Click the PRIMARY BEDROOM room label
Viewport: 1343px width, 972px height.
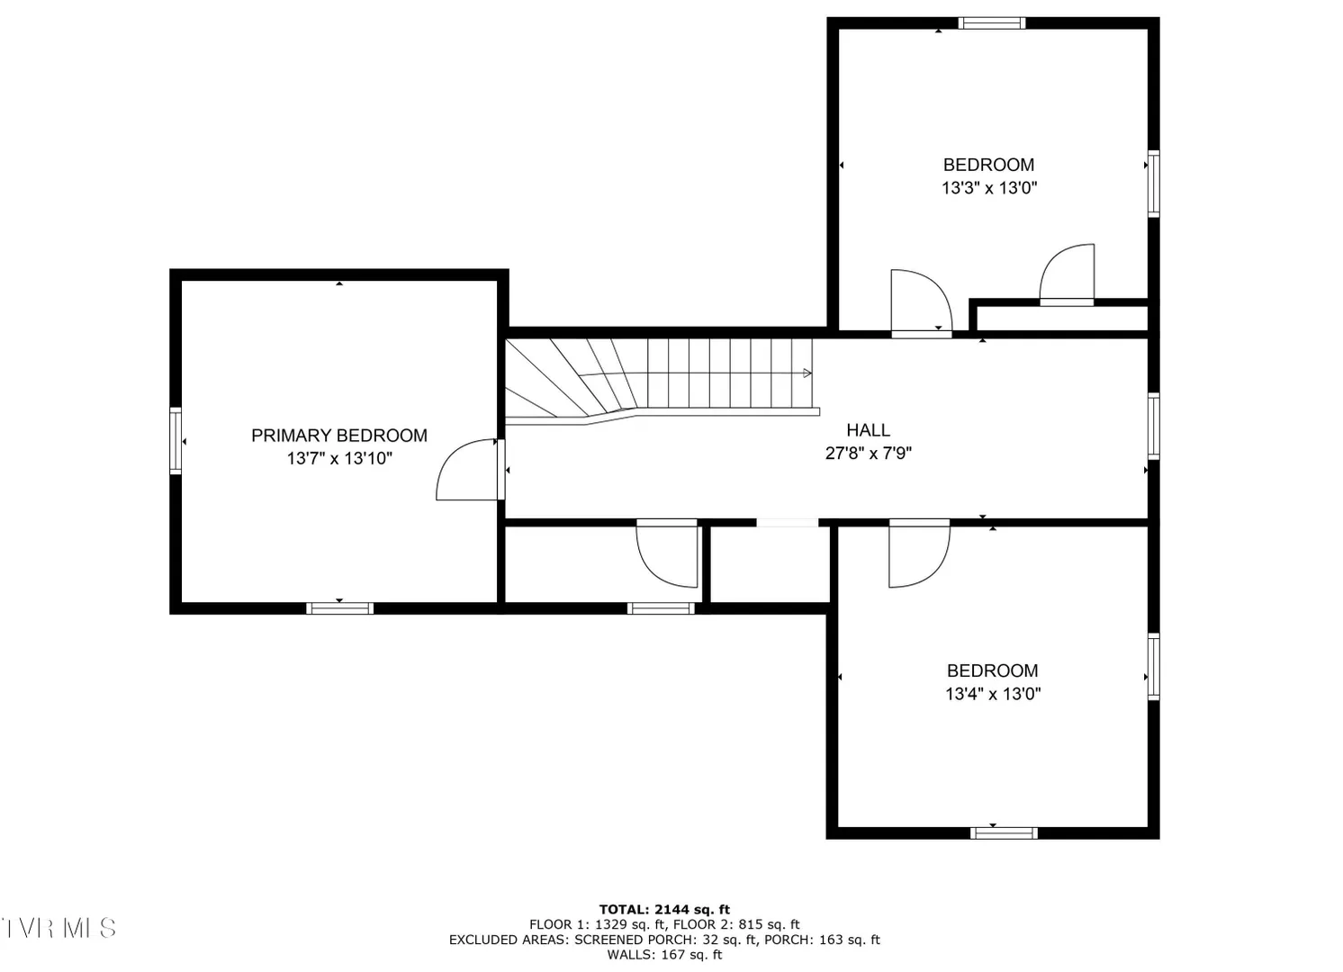[x=338, y=436]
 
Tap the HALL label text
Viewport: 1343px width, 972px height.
[x=868, y=430]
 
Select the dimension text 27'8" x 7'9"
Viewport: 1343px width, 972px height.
[x=868, y=453]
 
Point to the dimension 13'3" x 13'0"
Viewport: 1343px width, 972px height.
[x=988, y=188]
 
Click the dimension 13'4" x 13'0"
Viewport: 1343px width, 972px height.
[x=993, y=694]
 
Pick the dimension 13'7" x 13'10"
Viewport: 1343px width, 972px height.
[x=339, y=459]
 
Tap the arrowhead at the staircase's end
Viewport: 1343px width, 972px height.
[x=807, y=373]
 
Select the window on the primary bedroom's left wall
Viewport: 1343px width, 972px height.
[x=175, y=441]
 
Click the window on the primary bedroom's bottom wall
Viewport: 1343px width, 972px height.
[x=340, y=608]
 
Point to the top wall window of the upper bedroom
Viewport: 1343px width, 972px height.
[x=992, y=22]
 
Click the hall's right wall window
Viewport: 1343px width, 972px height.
[x=1154, y=426]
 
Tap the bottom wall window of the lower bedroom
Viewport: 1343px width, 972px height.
[x=1004, y=832]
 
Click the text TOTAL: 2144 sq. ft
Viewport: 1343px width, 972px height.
[x=664, y=910]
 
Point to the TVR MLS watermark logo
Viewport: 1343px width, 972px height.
[x=59, y=928]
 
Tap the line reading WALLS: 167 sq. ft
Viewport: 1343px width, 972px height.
[x=664, y=955]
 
